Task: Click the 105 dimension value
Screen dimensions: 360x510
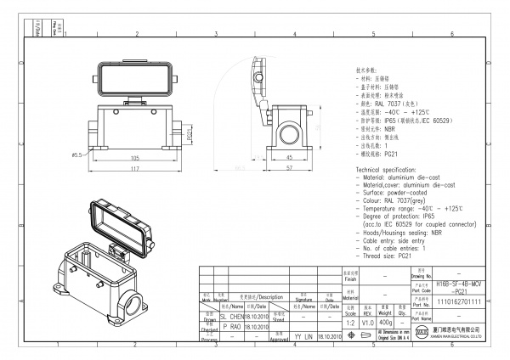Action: (135, 158)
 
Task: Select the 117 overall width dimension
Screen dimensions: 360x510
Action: (135, 169)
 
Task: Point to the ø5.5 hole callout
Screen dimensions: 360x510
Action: (76, 155)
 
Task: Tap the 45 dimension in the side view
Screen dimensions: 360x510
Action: (288, 157)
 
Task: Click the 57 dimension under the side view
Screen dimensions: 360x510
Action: (288, 168)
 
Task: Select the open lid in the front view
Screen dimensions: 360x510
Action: (135, 79)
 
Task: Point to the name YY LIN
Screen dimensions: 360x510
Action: (303, 337)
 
